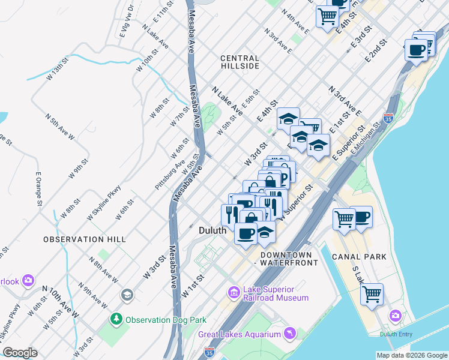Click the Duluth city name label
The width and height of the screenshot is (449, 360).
click(x=212, y=230)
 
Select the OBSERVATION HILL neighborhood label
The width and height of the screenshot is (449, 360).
click(x=85, y=239)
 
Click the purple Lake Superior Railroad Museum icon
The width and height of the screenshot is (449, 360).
click(x=234, y=293)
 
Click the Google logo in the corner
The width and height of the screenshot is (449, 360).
click(x=20, y=353)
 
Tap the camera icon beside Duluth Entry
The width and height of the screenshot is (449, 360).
click(x=395, y=314)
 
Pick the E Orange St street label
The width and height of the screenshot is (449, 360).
click(x=39, y=191)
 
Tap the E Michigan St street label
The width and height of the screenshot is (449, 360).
click(x=366, y=140)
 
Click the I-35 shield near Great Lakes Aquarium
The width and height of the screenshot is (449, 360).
click(x=209, y=351)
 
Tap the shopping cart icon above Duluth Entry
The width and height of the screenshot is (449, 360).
click(x=372, y=295)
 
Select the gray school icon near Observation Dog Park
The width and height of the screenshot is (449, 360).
click(x=127, y=295)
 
